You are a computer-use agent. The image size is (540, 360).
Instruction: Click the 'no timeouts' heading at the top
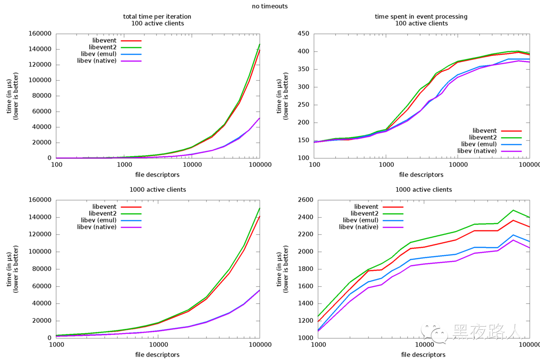tap(270, 6)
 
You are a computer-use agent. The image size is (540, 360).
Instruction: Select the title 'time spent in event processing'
tap(421, 17)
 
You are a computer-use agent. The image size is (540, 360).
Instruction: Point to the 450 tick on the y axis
tap(304, 34)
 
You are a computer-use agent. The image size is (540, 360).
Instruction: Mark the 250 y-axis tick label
tap(304, 105)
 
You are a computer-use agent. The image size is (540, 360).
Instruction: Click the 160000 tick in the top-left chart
tap(40, 34)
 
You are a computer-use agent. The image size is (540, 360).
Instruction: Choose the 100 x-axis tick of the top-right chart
tap(314, 165)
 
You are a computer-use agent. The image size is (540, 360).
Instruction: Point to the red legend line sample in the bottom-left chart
tap(131, 207)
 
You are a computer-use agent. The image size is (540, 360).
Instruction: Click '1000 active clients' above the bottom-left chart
tap(157, 189)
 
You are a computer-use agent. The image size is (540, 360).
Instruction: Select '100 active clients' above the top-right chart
tap(421, 23)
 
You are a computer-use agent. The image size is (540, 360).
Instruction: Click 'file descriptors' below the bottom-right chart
tap(423, 355)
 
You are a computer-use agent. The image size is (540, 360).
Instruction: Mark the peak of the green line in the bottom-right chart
tap(513, 210)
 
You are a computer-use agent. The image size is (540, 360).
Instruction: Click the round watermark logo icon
tap(439, 334)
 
